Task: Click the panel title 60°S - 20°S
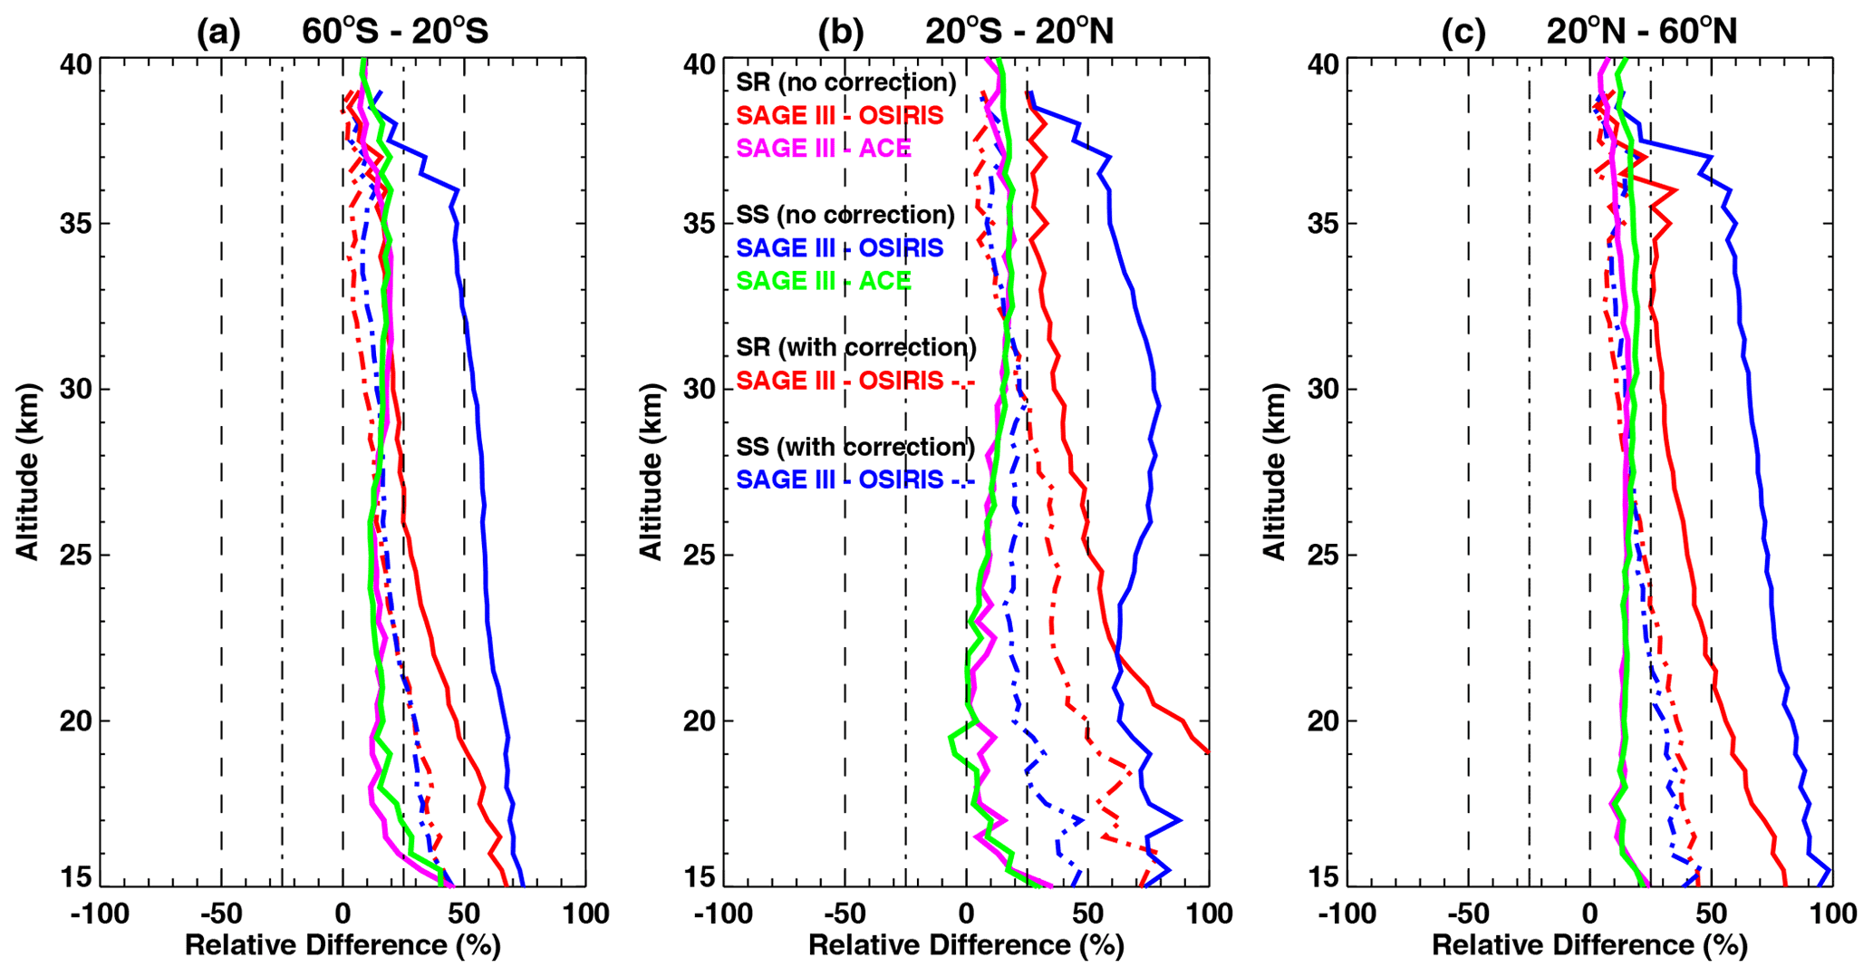(395, 32)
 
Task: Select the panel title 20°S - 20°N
(1019, 32)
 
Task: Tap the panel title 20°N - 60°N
(1642, 32)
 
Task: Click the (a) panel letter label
(219, 33)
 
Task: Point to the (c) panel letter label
(1464, 33)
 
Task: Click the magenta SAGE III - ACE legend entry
(824, 149)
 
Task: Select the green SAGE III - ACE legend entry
(824, 281)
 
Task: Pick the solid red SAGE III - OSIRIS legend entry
(840, 115)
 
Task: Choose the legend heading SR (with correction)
(856, 347)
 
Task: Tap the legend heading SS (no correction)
(845, 215)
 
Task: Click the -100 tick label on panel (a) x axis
(100, 914)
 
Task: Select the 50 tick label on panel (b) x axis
(1087, 914)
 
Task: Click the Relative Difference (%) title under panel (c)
(1589, 946)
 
